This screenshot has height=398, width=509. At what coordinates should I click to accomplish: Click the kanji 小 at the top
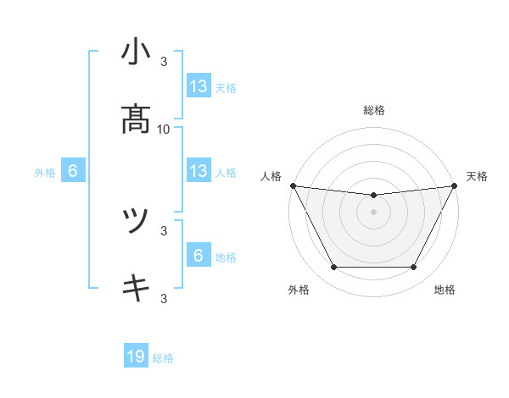tap(136, 52)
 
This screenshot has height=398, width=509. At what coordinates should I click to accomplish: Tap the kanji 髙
tap(136, 119)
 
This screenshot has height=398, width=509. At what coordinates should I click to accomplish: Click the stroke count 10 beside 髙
tap(164, 129)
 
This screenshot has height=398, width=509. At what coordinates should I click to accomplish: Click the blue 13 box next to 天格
tap(199, 86)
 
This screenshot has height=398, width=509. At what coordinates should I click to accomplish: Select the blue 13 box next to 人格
tap(199, 171)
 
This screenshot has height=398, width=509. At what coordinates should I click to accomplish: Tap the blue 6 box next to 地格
tap(199, 256)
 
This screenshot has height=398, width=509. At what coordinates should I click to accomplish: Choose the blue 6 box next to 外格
tap(73, 171)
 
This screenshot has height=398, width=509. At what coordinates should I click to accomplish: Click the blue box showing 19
tap(136, 357)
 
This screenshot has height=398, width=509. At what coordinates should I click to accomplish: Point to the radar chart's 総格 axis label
tap(374, 110)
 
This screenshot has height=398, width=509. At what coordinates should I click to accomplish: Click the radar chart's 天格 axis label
tap(477, 176)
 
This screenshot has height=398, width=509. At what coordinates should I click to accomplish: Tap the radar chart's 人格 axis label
tap(271, 176)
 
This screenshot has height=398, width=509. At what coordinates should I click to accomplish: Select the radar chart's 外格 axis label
tap(299, 290)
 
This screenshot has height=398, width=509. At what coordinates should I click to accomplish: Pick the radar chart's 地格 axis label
tap(445, 290)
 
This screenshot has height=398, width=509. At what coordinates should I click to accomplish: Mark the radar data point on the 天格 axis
tap(456, 185)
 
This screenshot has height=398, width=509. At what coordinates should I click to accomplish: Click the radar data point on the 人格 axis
tap(293, 185)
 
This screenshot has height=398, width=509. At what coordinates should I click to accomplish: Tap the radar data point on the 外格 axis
tap(333, 268)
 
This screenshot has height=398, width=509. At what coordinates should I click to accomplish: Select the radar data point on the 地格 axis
tap(414, 268)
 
